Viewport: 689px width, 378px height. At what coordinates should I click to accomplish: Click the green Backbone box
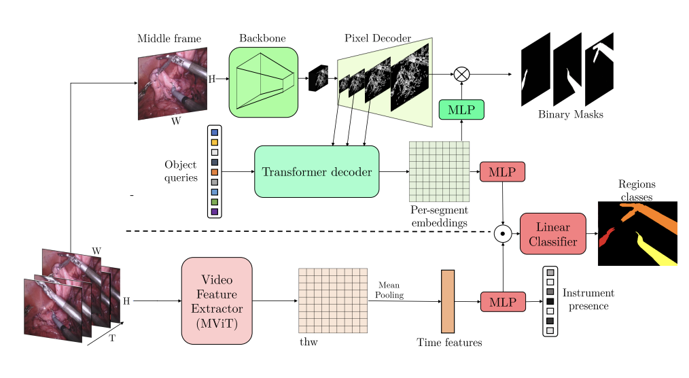pos(263,82)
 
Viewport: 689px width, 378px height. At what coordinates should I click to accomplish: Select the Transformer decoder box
pos(317,171)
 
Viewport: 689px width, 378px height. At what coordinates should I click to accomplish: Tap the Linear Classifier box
pos(552,233)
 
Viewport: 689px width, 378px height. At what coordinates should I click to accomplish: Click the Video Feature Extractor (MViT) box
pos(217,300)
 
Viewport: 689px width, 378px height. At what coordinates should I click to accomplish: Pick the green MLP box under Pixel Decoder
pos(461,109)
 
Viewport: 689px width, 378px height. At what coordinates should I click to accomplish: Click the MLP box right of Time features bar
pos(503,301)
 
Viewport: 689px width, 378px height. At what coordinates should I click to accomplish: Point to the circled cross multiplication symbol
pos(461,73)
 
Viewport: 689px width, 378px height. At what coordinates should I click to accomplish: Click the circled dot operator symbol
pos(502,233)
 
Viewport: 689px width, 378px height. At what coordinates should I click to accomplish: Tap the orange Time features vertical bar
pos(447,301)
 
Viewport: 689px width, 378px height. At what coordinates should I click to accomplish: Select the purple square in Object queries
pos(215,212)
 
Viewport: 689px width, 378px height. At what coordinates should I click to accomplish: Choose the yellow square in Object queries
pos(215,142)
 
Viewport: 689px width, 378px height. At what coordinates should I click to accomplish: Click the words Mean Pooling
pos(391,290)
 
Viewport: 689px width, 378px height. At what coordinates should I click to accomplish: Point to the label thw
pos(308,341)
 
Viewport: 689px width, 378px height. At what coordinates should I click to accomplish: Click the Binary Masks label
pos(570,115)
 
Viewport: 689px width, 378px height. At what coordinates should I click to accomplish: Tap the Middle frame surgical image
pos(173,84)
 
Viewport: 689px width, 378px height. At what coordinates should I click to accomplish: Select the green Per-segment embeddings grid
pos(439,171)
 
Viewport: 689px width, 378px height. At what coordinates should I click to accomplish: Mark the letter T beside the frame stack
pos(112,338)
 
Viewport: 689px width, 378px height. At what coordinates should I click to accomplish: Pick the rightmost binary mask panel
pos(599,69)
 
